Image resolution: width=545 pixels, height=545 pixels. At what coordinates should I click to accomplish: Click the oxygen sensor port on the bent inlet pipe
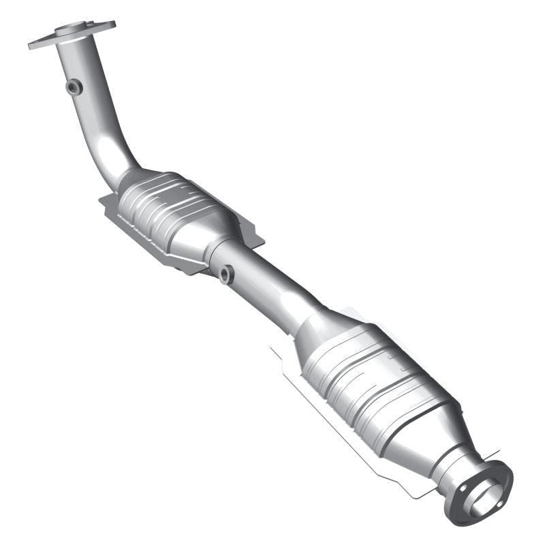pos(74,87)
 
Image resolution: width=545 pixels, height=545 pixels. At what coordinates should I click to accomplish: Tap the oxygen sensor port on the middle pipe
pos(226,275)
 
